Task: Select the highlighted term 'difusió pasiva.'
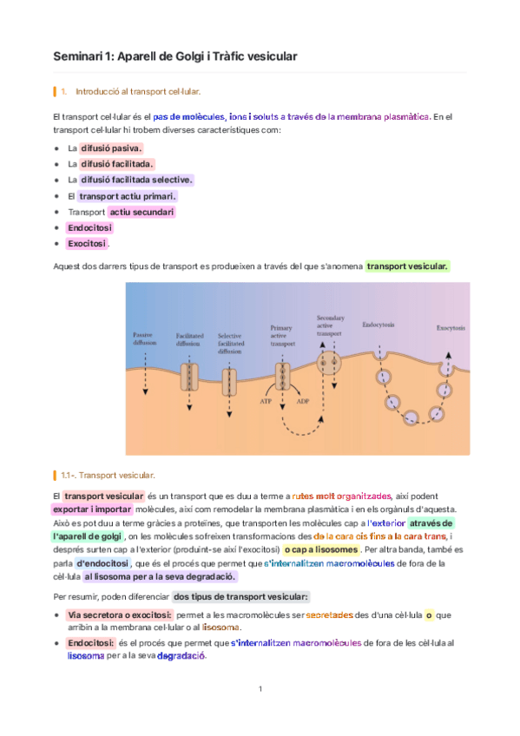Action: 111,148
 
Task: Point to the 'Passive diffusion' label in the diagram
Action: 145,338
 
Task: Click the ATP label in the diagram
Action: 267,401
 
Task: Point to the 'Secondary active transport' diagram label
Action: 331,325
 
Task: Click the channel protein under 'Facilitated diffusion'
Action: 189,377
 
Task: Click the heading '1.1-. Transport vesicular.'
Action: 108,475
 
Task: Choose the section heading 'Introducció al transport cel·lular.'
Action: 138,90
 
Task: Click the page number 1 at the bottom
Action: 260,689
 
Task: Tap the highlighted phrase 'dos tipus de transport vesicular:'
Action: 240,597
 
